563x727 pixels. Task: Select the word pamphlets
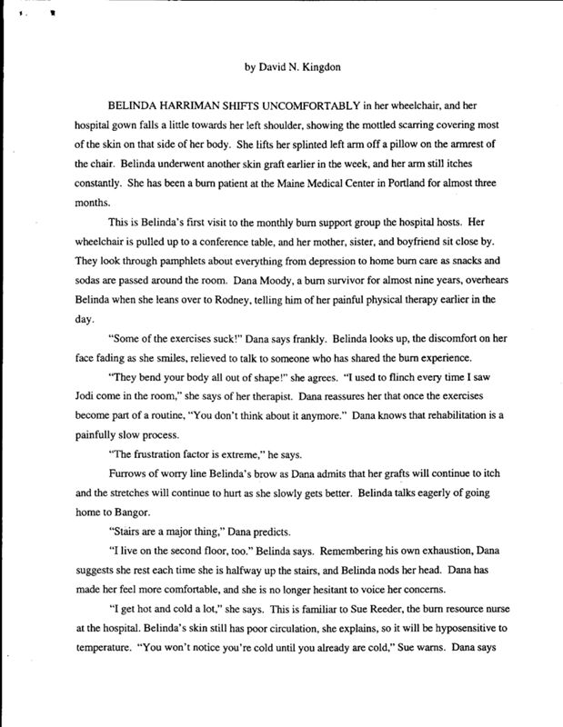click(148, 258)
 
